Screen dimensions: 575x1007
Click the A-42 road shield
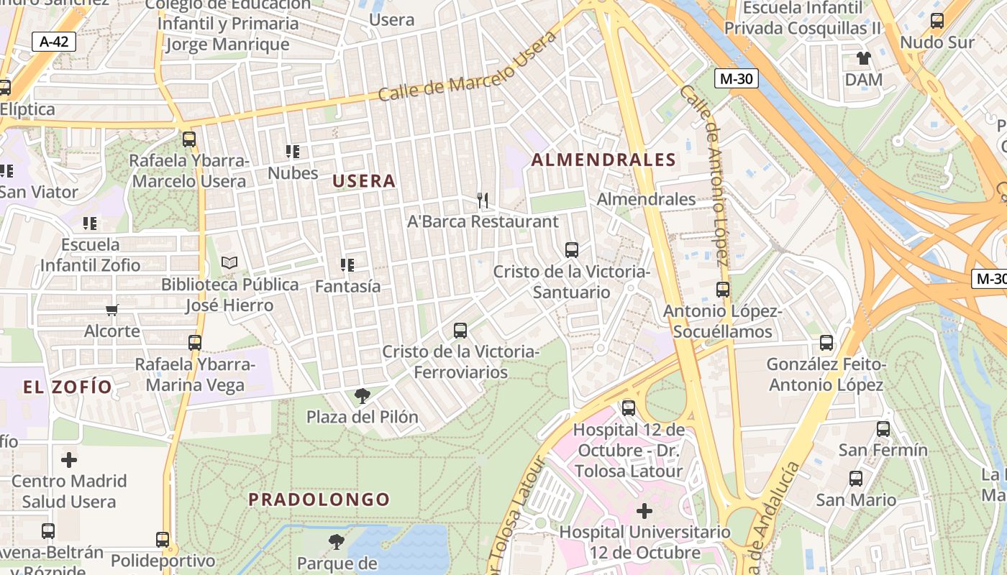point(54,42)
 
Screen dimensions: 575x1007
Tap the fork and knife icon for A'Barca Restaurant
point(483,201)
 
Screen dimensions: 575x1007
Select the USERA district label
point(364,181)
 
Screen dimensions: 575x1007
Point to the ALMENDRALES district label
point(603,160)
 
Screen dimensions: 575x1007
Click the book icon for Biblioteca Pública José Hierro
point(229,263)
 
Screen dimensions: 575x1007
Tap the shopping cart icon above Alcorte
point(111,310)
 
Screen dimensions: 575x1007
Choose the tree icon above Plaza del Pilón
point(363,395)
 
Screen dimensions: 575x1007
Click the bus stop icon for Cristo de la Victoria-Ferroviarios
point(460,331)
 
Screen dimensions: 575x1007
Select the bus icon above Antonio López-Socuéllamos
point(723,290)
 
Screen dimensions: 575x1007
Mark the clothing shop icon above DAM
point(863,58)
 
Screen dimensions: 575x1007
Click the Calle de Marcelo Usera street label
point(467,66)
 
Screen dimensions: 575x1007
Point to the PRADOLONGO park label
point(319,500)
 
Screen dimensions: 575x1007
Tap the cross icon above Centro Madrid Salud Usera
point(69,459)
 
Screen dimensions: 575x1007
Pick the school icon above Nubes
point(293,152)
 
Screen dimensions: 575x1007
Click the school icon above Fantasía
point(347,265)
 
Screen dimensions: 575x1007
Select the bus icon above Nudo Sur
point(937,21)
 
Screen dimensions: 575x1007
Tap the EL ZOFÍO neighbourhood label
point(68,387)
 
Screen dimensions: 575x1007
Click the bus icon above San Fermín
point(883,429)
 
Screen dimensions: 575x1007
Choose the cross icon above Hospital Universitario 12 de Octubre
point(644,511)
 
